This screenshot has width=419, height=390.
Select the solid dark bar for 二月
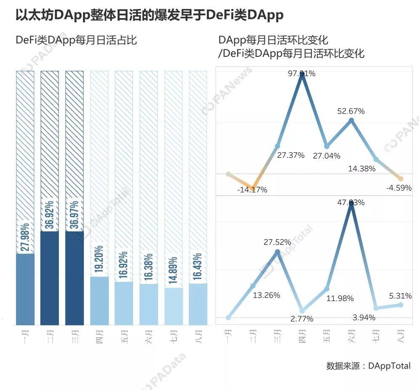click(50, 278)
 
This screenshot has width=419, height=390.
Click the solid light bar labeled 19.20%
click(99, 300)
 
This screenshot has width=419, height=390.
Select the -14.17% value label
click(252, 189)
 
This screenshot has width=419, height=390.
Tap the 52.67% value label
click(351, 111)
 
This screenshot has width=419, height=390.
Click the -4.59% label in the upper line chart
click(398, 188)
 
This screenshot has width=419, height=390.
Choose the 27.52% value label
click(277, 242)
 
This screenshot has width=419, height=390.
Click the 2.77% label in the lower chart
click(302, 318)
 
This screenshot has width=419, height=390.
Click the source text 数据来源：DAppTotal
click(368, 366)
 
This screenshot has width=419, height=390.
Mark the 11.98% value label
click(339, 298)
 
